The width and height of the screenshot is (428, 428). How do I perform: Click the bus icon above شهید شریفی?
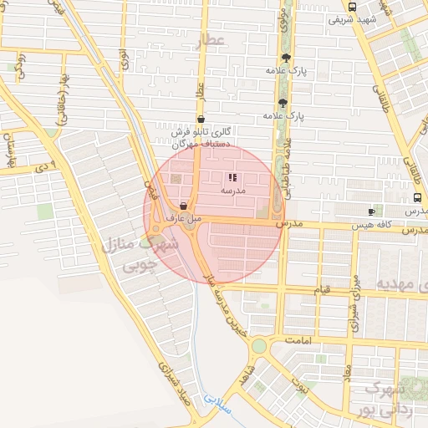click(x=351, y=7)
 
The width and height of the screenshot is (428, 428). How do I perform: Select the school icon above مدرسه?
click(x=232, y=176)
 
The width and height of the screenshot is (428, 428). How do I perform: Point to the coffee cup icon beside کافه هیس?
click(x=372, y=211)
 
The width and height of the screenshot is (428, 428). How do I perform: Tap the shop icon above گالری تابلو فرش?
click(x=201, y=119)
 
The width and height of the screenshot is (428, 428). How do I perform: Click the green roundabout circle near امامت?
click(x=259, y=345)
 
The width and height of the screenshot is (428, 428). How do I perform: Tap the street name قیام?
click(x=323, y=289)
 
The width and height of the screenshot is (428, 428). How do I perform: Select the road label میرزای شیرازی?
click(x=354, y=289)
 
